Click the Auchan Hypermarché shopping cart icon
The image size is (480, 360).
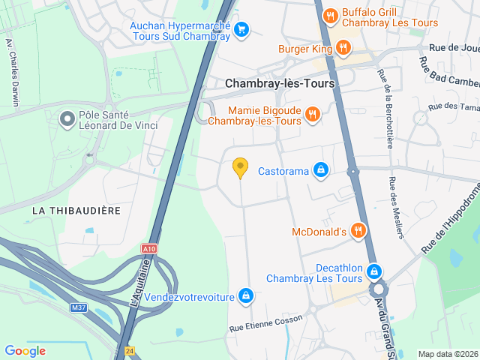tap(241, 30)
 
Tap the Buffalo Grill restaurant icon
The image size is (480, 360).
tap(329, 16)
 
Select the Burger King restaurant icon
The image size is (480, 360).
tap(343, 49)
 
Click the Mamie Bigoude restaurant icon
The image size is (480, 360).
tap(313, 114)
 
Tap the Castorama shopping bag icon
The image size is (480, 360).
tap(321, 171)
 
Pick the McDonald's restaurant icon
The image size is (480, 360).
tap(358, 231)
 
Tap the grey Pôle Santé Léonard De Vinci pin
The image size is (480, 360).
tap(67, 118)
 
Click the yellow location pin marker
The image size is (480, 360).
tap(240, 167)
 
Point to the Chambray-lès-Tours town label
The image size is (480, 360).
tap(280, 84)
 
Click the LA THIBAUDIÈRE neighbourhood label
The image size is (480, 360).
tap(76, 211)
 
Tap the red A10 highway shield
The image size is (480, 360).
tap(149, 247)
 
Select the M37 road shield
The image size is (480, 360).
tap(79, 307)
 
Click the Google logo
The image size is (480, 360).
tap(25, 350)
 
